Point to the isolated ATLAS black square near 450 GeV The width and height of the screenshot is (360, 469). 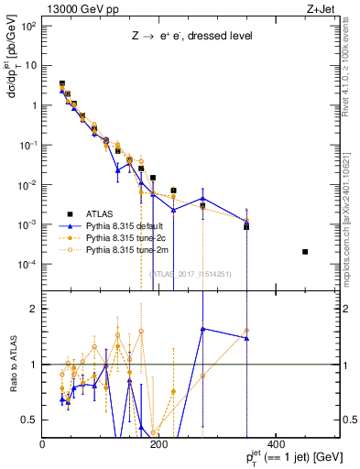(x=305, y=252)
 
